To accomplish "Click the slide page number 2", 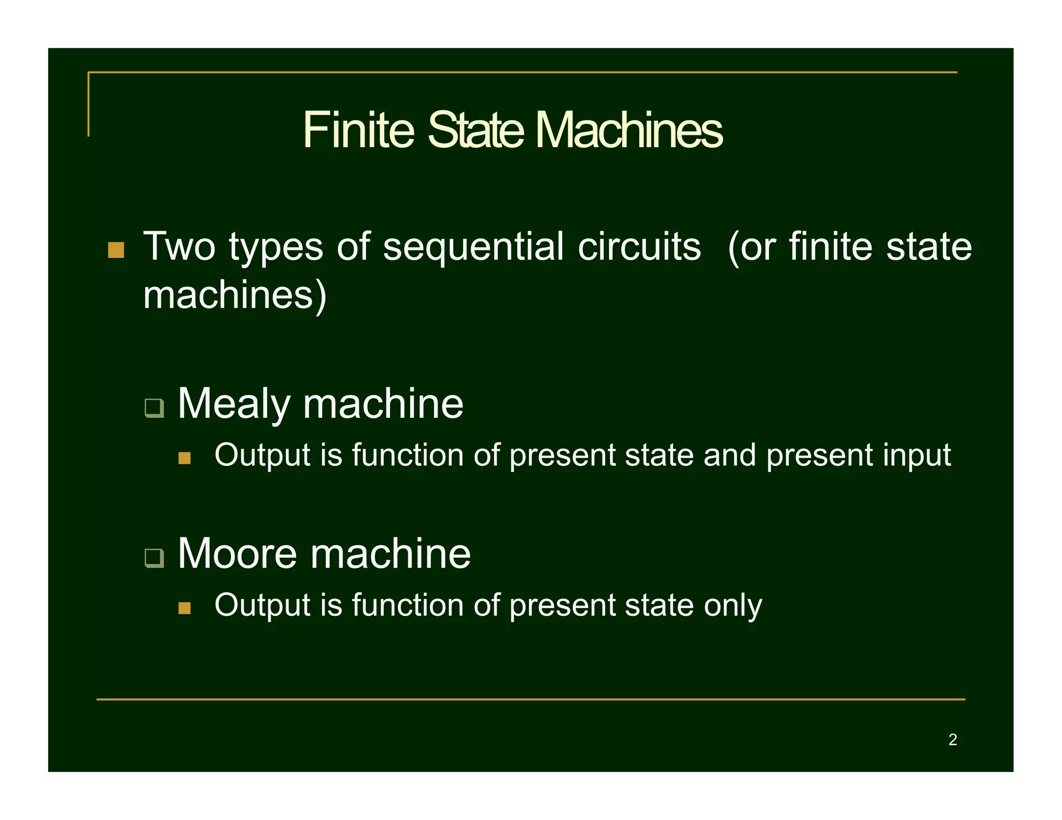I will (953, 740).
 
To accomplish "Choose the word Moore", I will (237, 553).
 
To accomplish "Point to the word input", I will (917, 456).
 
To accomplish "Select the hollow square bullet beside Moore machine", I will (154, 558).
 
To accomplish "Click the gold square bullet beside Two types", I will (116, 250).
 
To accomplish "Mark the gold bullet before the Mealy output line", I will (184, 458).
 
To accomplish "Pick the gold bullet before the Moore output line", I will (184, 607).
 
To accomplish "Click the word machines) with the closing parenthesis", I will (235, 295).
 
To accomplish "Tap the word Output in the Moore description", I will (262, 605).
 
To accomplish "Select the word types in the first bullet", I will (276, 248).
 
